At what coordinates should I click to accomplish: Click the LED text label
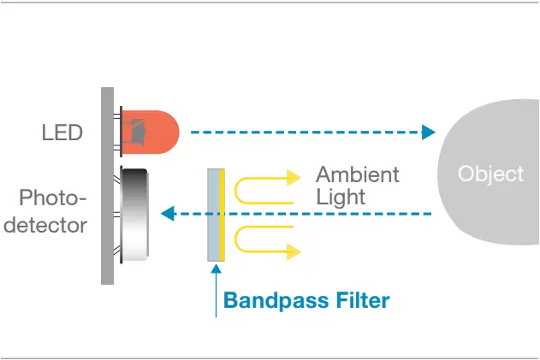(62, 133)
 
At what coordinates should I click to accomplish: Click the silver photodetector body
(137, 213)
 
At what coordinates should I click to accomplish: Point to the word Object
(490, 174)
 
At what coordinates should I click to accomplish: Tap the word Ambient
(358, 174)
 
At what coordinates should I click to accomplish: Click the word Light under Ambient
(341, 198)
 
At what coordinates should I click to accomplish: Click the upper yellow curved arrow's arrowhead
(294, 178)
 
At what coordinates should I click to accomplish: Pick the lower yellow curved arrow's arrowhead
(294, 250)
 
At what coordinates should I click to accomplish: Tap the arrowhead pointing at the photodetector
(169, 213)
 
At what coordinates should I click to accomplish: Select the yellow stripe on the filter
(223, 214)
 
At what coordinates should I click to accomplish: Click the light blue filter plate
(214, 214)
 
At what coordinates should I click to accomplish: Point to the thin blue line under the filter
(217, 291)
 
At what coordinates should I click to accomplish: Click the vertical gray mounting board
(107, 185)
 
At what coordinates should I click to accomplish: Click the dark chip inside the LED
(134, 131)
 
